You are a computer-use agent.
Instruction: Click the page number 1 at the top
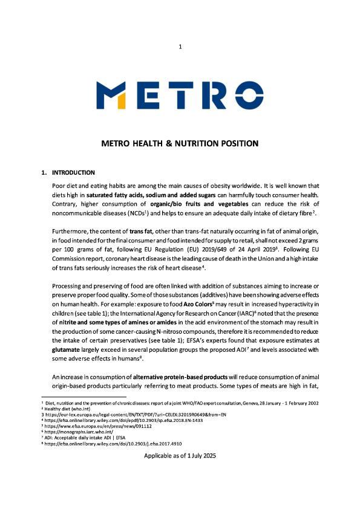[x=180, y=47]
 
